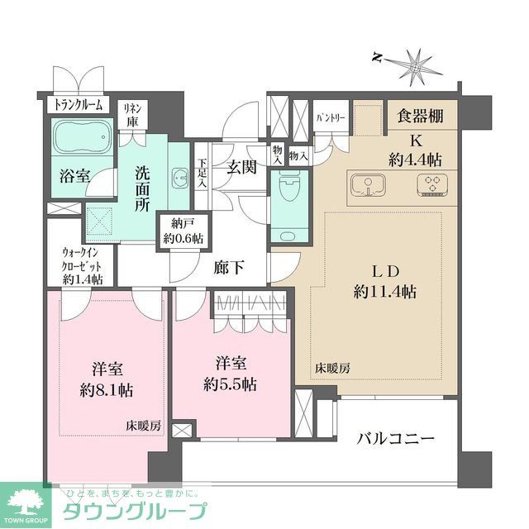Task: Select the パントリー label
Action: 331,118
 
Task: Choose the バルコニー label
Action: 396,437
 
